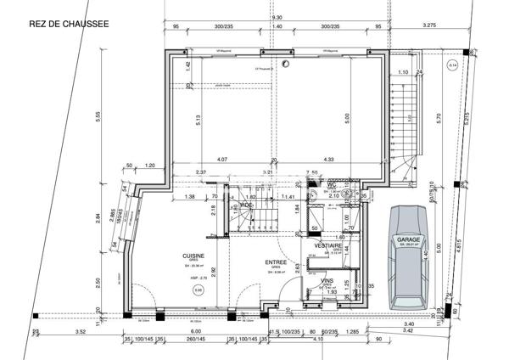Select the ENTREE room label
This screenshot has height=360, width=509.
[276, 262]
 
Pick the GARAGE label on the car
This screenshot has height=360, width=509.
[409, 240]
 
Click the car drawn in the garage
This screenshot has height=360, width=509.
[410, 257]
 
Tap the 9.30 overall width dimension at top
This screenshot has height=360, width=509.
[277, 18]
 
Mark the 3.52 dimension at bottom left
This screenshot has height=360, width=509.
[81, 332]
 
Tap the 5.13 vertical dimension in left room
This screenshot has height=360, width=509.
[196, 120]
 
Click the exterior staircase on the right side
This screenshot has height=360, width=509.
[408, 119]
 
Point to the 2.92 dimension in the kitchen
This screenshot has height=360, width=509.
[213, 272]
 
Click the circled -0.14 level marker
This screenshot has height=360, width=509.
[452, 65]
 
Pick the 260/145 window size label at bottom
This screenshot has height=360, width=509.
[198, 340]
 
